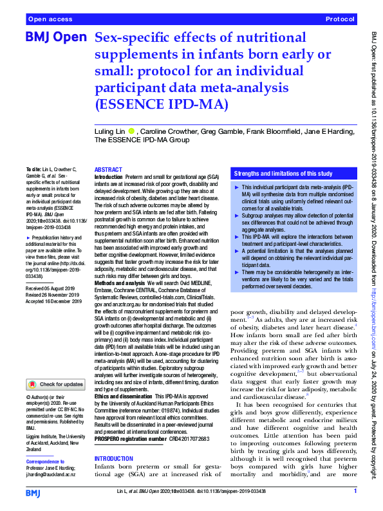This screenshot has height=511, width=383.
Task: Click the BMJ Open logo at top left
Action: coord(55,38)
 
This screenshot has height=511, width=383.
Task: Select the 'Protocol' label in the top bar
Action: coord(341,20)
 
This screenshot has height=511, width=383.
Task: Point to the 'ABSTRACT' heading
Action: coord(109,169)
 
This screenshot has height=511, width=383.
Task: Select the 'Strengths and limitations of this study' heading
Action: coord(283,174)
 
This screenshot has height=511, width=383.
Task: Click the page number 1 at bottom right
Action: coord(355,491)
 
